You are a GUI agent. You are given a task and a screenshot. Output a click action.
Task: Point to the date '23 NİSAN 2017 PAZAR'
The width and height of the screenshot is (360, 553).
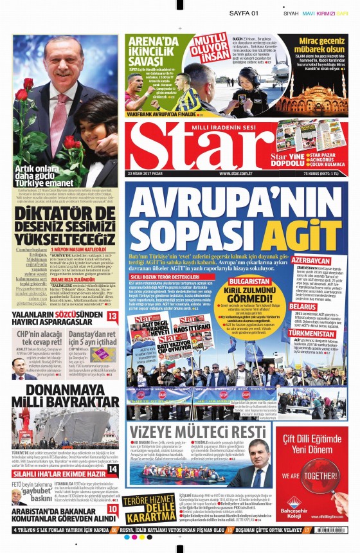[x=148, y=173]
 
